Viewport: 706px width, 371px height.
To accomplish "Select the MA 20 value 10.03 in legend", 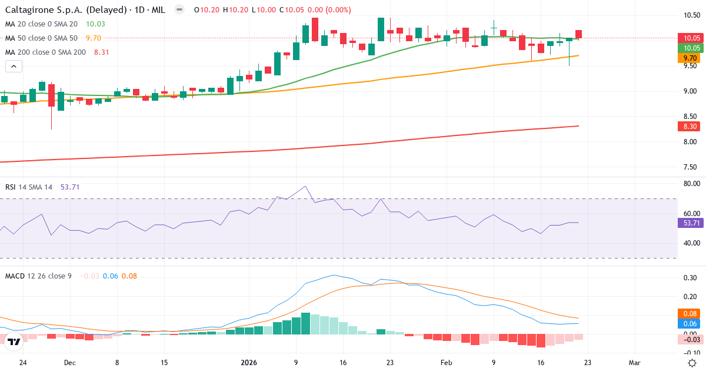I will (95, 24).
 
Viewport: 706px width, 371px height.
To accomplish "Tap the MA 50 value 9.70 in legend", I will (94, 38).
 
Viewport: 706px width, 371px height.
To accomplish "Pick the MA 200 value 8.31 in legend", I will (101, 52).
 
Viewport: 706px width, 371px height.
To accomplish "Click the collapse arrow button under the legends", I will (14, 67).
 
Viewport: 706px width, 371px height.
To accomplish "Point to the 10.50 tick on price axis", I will (691, 15).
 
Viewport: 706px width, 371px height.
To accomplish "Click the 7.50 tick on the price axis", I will (691, 167).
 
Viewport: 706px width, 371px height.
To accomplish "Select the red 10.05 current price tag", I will (691, 38).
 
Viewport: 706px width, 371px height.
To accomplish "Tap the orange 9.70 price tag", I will (691, 58).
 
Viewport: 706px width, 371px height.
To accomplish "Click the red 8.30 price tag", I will (691, 126).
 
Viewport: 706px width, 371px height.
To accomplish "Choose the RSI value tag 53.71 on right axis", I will (691, 223).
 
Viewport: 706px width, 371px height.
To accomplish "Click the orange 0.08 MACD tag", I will (691, 314).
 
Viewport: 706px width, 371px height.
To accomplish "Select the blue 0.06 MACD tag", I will (691, 324).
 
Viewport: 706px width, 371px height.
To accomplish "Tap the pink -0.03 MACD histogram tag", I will (691, 339).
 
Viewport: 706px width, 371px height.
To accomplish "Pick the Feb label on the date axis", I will (446, 363).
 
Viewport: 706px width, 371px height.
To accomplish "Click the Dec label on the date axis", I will (69, 363).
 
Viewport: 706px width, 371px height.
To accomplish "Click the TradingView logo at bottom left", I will (14, 340).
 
